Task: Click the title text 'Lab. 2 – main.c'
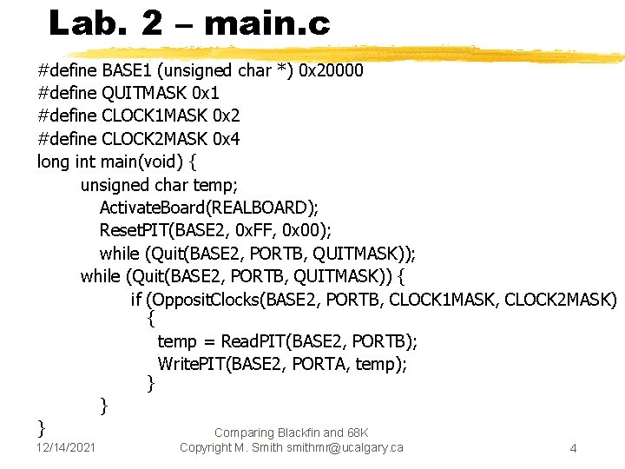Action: [189, 23]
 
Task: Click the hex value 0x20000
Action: [331, 70]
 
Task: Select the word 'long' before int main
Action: [54, 162]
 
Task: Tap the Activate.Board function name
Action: [153, 208]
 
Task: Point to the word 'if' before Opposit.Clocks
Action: [136, 300]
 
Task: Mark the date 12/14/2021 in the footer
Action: [67, 447]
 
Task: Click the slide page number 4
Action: [573, 448]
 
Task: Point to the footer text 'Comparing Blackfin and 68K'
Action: [291, 433]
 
